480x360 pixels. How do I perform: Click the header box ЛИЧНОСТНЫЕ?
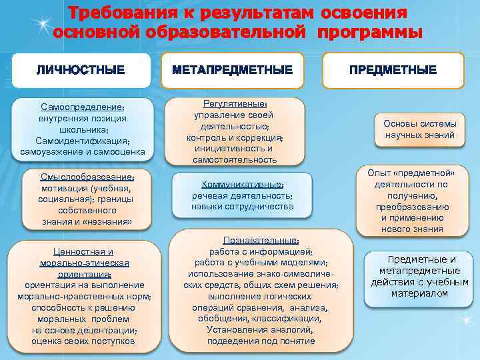point(81,70)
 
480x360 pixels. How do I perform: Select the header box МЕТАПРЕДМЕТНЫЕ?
point(233,70)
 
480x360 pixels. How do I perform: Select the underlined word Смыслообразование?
point(87,178)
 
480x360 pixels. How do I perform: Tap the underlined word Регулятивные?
point(235,104)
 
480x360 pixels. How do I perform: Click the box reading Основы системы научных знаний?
point(420,129)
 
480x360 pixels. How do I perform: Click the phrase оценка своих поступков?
point(83,341)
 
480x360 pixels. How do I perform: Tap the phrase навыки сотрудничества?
point(243,207)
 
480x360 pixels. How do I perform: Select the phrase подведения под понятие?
point(261,341)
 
